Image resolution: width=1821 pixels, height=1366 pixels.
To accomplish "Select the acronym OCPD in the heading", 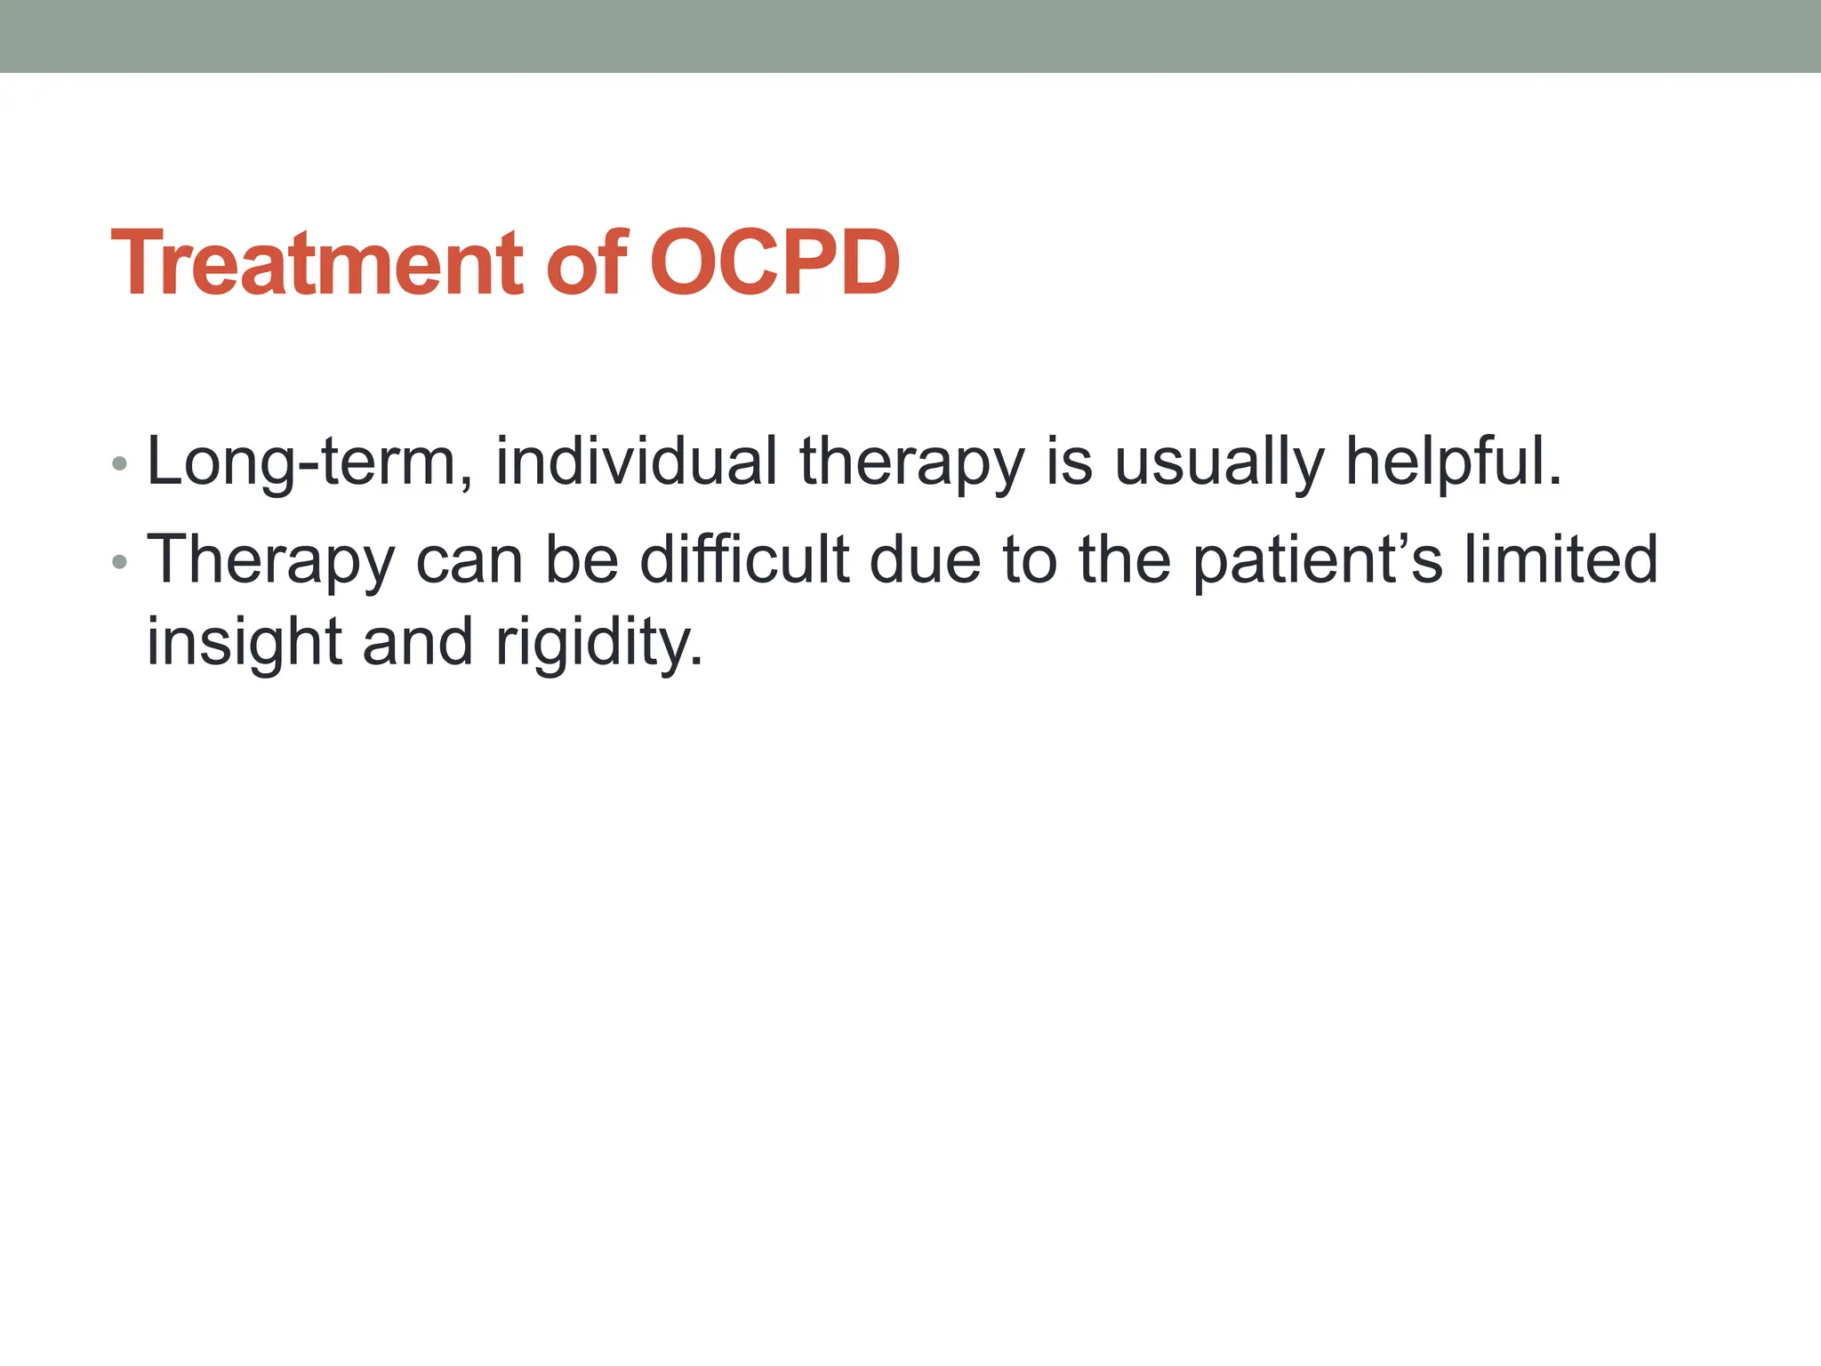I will (775, 264).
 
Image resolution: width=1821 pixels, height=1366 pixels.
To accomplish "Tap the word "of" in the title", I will (588, 264).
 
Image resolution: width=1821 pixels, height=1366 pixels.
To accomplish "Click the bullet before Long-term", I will (120, 464).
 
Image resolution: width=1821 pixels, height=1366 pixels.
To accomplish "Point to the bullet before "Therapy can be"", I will (120, 562).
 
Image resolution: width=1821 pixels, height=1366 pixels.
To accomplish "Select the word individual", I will (636, 462).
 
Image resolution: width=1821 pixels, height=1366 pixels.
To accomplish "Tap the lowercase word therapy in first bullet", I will (911, 462).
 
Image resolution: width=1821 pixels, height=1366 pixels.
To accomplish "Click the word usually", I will (1219, 462).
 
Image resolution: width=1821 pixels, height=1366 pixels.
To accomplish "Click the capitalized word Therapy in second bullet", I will (270, 562).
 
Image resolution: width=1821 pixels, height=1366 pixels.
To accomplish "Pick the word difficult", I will (745, 560).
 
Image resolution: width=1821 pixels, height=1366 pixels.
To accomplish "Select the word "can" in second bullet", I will (469, 562).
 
